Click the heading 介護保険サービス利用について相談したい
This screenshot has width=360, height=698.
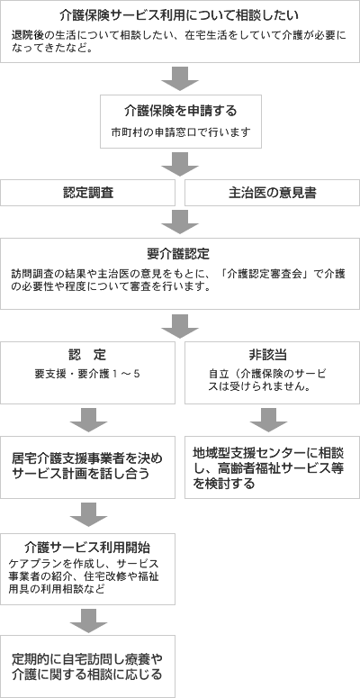(x=179, y=15)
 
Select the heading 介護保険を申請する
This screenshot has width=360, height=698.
(x=179, y=111)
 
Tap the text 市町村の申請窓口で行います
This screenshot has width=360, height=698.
(x=179, y=132)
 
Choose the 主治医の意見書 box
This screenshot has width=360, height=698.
(x=271, y=193)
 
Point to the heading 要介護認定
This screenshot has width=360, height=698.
(x=179, y=253)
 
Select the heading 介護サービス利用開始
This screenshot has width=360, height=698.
(x=88, y=547)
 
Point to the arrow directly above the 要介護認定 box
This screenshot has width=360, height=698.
(x=179, y=222)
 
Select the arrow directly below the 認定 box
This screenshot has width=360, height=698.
(x=88, y=420)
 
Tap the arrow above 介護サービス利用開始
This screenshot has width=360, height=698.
(x=88, y=514)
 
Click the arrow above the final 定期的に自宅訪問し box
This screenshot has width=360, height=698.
(x=88, y=620)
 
